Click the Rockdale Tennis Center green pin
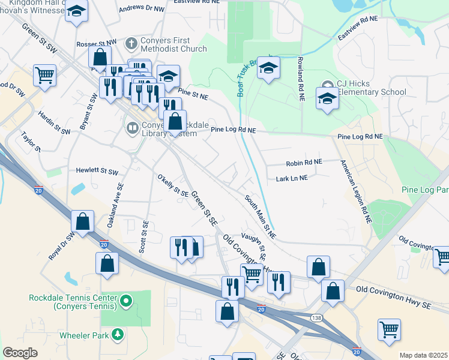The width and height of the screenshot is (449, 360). pos(125,301)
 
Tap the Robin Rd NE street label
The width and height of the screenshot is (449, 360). pos(304,162)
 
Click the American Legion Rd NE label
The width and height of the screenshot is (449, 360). pos(356,192)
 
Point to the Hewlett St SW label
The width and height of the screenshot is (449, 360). pos(97,171)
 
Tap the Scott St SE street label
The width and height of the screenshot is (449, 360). pos(144,236)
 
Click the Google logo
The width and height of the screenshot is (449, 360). pos(20,353)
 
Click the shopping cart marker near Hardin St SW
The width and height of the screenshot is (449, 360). pos(45,76)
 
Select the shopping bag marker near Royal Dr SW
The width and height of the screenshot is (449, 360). pos(83,221)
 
